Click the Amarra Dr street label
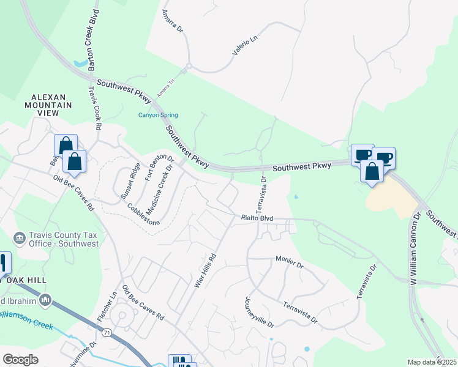pos(173,24)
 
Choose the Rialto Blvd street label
pos(257,218)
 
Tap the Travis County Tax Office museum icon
pos(20,237)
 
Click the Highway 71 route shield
pos(107,332)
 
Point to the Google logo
pos(20,360)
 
